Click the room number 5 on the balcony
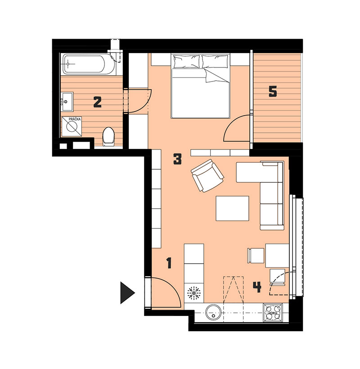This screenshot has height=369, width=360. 273,91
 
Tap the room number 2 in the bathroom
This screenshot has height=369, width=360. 97,102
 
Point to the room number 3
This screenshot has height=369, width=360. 177,159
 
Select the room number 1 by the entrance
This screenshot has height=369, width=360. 169,263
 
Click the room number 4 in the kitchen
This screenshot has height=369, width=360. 257,287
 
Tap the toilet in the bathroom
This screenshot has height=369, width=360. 109,136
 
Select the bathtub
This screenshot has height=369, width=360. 88,64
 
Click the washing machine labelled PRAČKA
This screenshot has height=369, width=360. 72,126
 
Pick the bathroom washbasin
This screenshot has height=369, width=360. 67,102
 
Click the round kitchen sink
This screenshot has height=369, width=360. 214,312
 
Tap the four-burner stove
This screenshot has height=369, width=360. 273,312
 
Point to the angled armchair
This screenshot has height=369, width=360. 207,175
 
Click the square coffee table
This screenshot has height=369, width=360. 232,208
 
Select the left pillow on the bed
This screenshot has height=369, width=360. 186,61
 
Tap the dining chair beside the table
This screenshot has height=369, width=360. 255,256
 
